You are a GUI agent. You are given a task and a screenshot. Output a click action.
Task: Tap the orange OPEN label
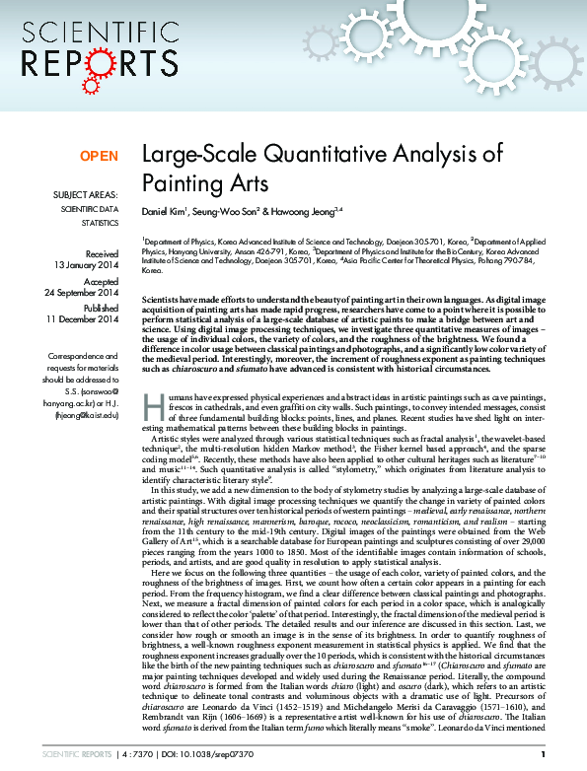pos(99,156)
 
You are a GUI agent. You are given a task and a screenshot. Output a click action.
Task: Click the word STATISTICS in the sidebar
pos(98,223)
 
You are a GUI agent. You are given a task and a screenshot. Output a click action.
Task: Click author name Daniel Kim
pos(163,210)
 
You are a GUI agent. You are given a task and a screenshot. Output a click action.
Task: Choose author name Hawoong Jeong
pos(300,210)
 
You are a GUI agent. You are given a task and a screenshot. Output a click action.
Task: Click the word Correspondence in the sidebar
pos(88,355)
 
